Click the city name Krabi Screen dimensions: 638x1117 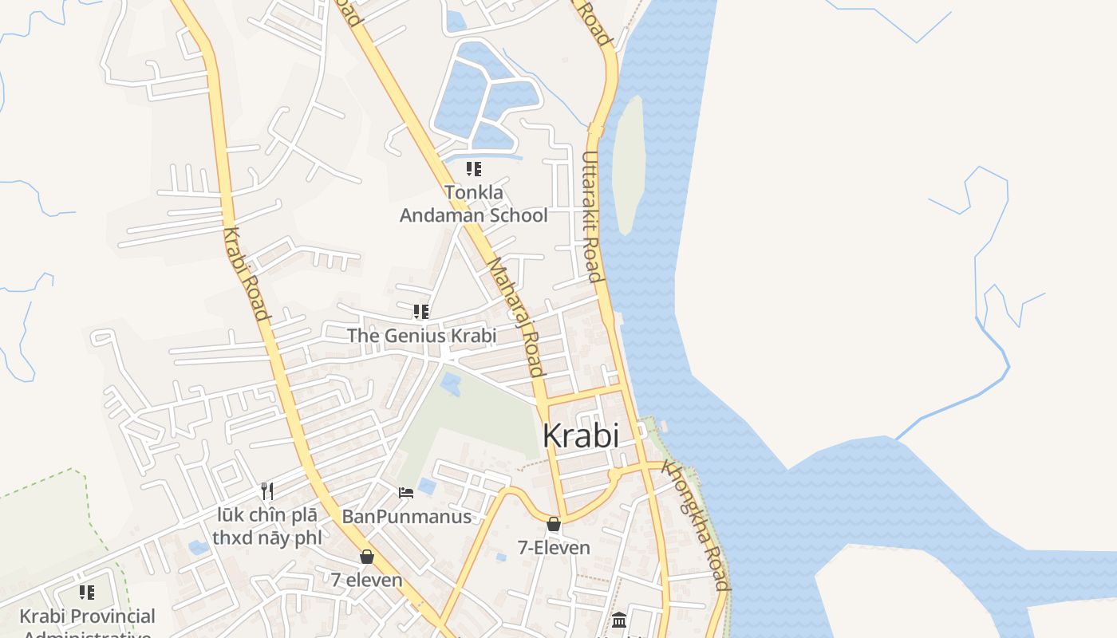click(580, 435)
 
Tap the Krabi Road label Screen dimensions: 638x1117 click(246, 274)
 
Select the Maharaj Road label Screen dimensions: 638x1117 click(516, 317)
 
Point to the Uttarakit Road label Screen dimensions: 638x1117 click(591, 217)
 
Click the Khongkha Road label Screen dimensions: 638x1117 click(697, 527)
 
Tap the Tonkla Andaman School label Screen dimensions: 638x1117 click(473, 204)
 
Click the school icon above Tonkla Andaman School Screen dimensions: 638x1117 click(474, 169)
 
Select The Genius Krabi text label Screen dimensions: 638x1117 click(421, 336)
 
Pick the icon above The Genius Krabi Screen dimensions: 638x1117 click(421, 312)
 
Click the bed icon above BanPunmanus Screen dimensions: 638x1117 click(406, 492)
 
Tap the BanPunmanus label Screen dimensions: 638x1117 click(406, 517)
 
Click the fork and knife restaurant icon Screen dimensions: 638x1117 click(267, 491)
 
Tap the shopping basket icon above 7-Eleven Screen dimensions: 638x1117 click(554, 525)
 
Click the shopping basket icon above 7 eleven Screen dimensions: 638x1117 click(367, 557)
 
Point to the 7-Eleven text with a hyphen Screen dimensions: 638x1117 click(554, 548)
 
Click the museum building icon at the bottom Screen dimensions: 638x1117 click(619, 620)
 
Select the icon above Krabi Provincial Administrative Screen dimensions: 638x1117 click(87, 593)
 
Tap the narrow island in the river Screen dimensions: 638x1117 click(629, 163)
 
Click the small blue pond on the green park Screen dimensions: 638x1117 click(451, 383)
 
